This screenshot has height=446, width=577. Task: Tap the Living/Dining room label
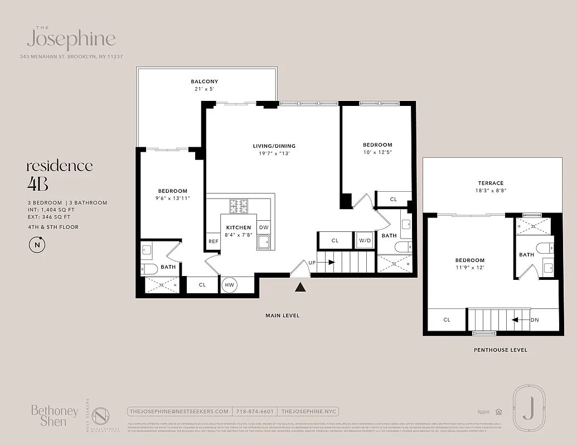tap(274, 146)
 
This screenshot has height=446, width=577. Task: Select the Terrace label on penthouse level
tap(491, 183)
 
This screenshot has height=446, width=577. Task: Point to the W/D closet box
tap(364, 240)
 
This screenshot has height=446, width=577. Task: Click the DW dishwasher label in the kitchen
tap(264, 227)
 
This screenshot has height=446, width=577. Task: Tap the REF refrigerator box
tap(213, 241)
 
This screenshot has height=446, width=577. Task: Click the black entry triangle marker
tap(300, 287)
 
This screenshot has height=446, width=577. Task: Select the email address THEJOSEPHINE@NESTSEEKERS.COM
tap(178, 411)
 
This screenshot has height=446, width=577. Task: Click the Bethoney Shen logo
tap(54, 416)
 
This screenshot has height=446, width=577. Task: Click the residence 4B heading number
tap(35, 183)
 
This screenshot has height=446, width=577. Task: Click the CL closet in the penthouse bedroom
tap(447, 320)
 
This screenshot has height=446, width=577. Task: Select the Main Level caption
tap(282, 316)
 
